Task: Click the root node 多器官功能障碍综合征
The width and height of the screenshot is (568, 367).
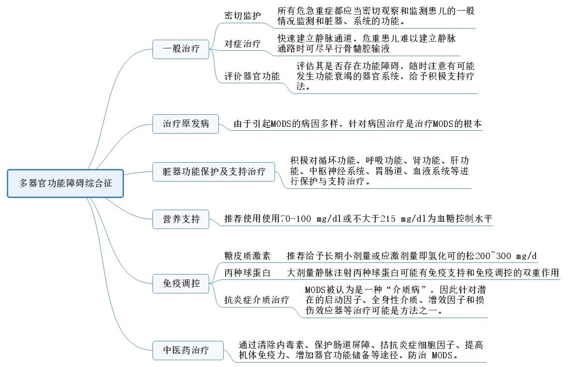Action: coord(65,183)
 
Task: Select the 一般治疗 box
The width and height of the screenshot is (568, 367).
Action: coord(181,49)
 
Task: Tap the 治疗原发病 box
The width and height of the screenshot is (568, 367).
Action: coord(185,124)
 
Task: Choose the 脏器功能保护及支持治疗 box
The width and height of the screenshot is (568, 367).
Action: coord(214,172)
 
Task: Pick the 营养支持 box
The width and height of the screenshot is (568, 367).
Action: coord(181,219)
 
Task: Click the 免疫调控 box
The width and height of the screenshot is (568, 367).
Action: coord(181,283)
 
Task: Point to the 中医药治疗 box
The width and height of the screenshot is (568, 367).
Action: coord(188,351)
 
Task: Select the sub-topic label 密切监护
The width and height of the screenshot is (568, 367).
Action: coord(242,15)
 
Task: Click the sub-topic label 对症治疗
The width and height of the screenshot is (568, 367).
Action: coord(242,44)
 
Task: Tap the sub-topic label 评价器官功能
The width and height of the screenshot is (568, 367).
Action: coord(252,76)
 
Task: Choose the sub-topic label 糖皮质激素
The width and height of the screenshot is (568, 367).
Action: coord(247,256)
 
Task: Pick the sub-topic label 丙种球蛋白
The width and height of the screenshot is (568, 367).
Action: coord(247,273)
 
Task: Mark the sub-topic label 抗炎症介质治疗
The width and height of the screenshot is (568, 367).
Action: coord(257,300)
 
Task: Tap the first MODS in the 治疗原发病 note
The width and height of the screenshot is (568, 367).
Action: coord(281,124)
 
